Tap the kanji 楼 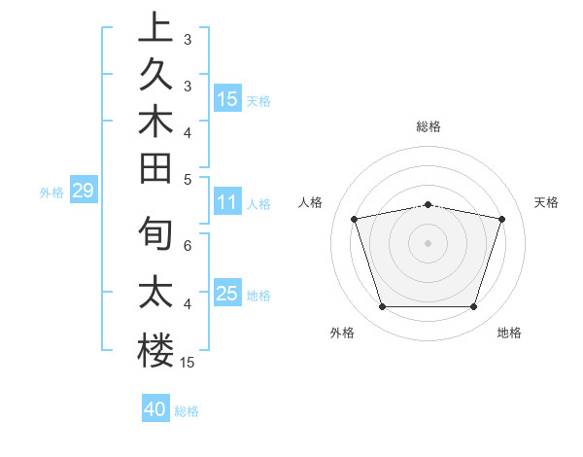pyautogui.click(x=155, y=349)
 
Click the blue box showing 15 pyautogui.click(x=227, y=99)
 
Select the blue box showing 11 pyautogui.click(x=227, y=203)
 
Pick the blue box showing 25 pyautogui.click(x=227, y=294)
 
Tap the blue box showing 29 pyautogui.click(x=83, y=192)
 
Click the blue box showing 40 pyautogui.click(x=155, y=409)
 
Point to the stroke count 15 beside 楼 pyautogui.click(x=188, y=363)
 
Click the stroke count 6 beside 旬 pyautogui.click(x=188, y=246)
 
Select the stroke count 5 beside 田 pyautogui.click(x=188, y=179)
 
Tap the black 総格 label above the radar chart pyautogui.click(x=429, y=126)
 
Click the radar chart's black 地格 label pyautogui.click(x=509, y=333)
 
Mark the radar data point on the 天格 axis pyautogui.click(x=501, y=219)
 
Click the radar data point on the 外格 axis pyautogui.click(x=382, y=307)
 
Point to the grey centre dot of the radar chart pyautogui.click(x=429, y=242)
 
